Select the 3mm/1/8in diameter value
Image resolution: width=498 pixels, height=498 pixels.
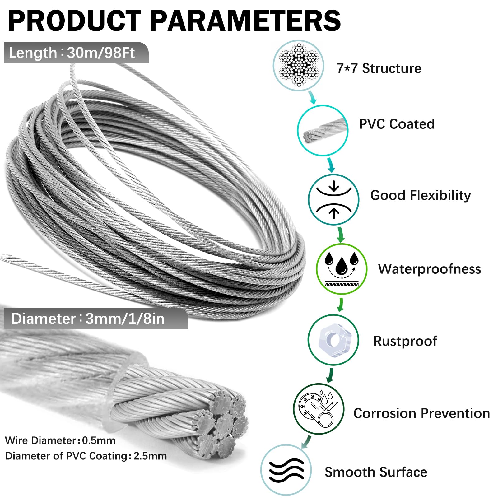coord(125,319)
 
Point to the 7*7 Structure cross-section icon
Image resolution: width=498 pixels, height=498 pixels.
coord(298,65)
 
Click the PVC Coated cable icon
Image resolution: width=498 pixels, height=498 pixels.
coord(323,130)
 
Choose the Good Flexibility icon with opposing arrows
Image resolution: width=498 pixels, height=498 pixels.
coord(333,200)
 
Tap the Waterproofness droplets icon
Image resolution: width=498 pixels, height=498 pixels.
coord(342,269)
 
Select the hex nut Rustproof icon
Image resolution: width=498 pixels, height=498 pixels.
coord(333,340)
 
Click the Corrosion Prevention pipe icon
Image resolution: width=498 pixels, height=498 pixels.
coord(319,409)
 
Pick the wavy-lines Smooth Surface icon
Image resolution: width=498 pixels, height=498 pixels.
coord(286,470)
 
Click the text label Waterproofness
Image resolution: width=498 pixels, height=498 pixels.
coord(429,269)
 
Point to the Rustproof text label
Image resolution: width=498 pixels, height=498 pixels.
coord(405,341)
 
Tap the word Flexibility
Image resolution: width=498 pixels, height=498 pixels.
coord(440,196)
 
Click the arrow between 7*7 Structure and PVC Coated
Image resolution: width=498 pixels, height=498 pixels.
coord(313,97)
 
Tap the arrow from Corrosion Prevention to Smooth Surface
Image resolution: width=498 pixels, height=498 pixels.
coord(306,441)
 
